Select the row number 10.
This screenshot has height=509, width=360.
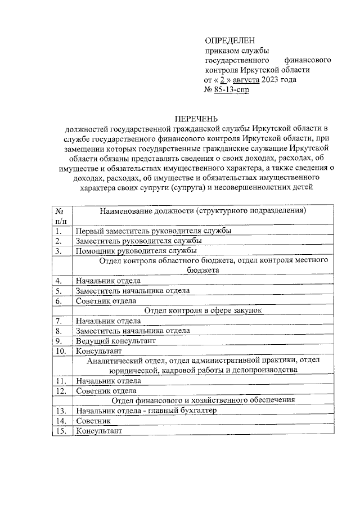coord(61,351)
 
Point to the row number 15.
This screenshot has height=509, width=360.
coord(61,431)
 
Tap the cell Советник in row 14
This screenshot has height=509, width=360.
coord(93,421)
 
